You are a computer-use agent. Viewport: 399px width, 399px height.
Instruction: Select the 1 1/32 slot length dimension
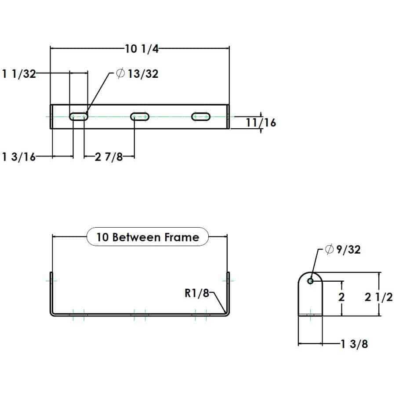tap(18, 74)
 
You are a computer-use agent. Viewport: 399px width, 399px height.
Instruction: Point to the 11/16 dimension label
tap(261, 123)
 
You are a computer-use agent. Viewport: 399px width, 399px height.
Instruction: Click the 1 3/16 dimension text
tap(18, 157)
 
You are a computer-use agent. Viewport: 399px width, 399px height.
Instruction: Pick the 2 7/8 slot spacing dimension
tap(109, 157)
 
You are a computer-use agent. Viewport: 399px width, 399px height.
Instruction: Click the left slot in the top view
tap(79, 117)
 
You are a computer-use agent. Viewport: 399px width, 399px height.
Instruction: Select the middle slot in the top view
tap(140, 117)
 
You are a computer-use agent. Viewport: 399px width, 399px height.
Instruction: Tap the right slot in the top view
tap(201, 117)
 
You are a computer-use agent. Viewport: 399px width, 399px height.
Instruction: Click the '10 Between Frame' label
tap(148, 237)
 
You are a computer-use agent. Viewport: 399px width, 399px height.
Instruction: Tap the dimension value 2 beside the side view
tap(342, 297)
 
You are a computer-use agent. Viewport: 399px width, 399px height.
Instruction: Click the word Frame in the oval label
tap(181, 237)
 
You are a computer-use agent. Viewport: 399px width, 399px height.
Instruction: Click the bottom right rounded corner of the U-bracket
tap(226, 312)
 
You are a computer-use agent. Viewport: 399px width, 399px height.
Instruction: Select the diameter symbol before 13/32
tap(120, 74)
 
